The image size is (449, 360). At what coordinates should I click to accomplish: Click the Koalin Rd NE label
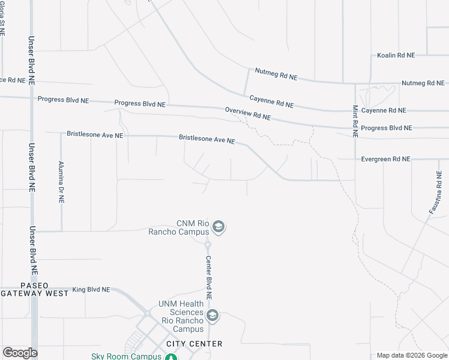(396, 55)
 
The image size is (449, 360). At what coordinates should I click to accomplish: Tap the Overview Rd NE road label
(248, 114)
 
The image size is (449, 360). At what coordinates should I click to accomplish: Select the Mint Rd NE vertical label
(355, 122)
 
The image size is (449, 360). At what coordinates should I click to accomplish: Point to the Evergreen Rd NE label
(385, 159)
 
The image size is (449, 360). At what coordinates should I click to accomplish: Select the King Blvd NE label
(91, 290)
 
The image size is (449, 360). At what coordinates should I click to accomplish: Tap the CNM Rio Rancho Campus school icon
(218, 227)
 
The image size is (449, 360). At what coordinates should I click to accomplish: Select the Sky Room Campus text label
(127, 356)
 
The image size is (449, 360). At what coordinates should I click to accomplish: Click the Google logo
(20, 352)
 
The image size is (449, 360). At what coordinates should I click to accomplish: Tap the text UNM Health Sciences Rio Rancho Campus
(181, 316)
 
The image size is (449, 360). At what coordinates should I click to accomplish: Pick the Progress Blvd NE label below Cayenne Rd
(387, 128)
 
